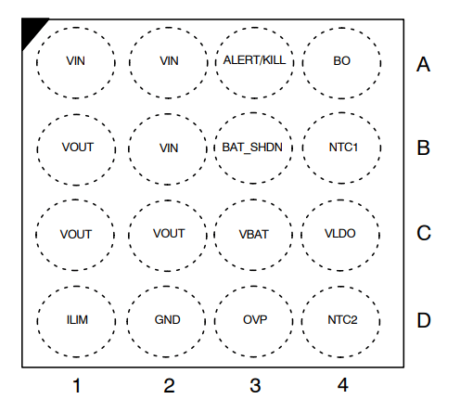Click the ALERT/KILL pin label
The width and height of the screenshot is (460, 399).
click(254, 60)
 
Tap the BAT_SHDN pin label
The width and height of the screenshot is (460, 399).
click(252, 148)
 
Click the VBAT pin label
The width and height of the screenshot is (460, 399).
click(253, 235)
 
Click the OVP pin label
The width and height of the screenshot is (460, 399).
click(255, 320)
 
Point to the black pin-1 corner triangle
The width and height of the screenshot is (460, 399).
click(31, 29)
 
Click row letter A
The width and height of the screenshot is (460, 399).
click(423, 64)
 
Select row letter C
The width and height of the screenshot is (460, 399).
click(424, 233)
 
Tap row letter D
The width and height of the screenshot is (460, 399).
click(424, 320)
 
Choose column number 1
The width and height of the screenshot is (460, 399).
click(77, 386)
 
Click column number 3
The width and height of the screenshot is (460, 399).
click(255, 386)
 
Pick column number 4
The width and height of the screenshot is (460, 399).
click(343, 385)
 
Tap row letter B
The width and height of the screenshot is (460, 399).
click(423, 148)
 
